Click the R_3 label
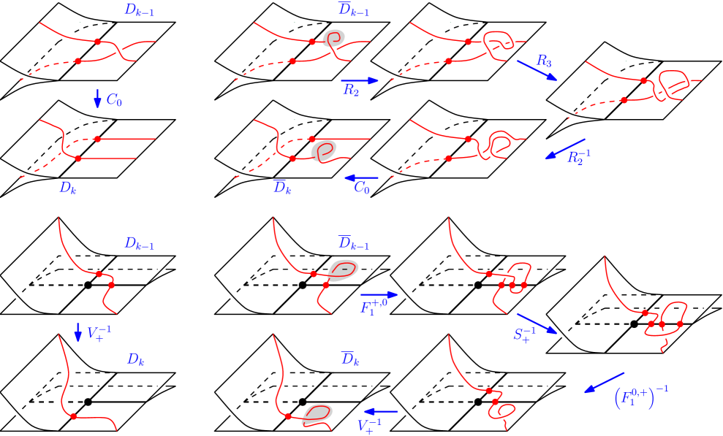coord(543,61)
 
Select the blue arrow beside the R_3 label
coord(537,70)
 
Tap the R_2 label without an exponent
coord(351,91)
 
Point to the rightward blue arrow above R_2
coord(360,80)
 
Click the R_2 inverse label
coord(578,156)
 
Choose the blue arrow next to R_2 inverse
coord(565,148)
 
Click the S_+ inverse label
coord(525,335)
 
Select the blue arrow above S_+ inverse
coord(537,324)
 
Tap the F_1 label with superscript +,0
coord(374,306)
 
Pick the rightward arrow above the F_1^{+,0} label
coord(379,295)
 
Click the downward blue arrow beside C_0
coord(98,99)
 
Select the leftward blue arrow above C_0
coord(361,177)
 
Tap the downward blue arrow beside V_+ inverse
coord(78,332)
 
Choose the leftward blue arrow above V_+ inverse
coord(381,412)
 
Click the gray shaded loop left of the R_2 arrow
coord(334,38)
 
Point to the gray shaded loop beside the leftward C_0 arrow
coord(324,151)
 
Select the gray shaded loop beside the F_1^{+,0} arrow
coord(342,270)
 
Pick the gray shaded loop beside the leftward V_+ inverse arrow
coord(317,413)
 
